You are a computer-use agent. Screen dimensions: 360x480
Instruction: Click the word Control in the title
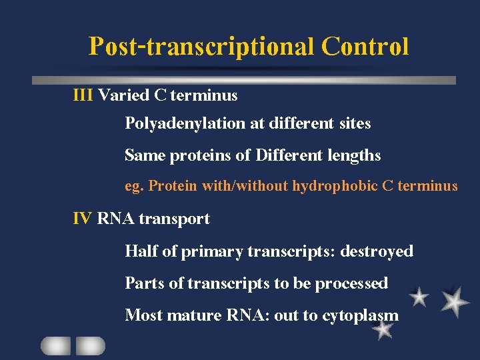click(365, 47)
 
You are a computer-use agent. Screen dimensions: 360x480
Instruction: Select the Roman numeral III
click(83, 95)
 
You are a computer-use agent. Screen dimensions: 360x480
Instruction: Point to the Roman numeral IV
click(83, 219)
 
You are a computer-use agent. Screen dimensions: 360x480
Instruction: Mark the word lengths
click(354, 156)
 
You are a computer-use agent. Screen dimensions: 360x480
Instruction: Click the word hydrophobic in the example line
click(335, 186)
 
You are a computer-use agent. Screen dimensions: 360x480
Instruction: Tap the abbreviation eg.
click(134, 187)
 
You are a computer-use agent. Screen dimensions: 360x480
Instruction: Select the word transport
click(174, 219)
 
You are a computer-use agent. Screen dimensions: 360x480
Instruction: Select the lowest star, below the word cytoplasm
click(383, 331)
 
